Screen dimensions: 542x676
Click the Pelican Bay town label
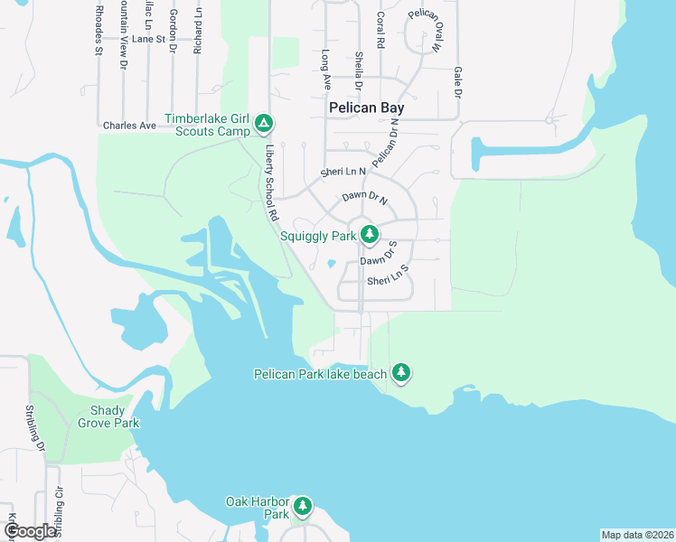tap(366, 107)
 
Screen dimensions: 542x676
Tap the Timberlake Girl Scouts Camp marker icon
tap(263, 122)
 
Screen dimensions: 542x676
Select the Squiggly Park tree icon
tap(369, 235)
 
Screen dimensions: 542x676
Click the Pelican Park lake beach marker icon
tap(401, 372)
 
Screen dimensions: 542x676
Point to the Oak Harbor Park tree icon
tap(303, 506)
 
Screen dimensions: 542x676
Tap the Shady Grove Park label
tap(108, 416)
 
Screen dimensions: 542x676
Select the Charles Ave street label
tap(129, 126)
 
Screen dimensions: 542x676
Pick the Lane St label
tap(148, 40)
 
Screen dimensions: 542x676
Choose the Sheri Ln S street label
tap(389, 281)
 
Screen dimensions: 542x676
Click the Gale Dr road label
tap(458, 81)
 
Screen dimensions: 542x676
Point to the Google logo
tap(31, 531)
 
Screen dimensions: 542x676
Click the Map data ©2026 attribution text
tap(636, 535)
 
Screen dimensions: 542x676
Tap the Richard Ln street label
tap(197, 32)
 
